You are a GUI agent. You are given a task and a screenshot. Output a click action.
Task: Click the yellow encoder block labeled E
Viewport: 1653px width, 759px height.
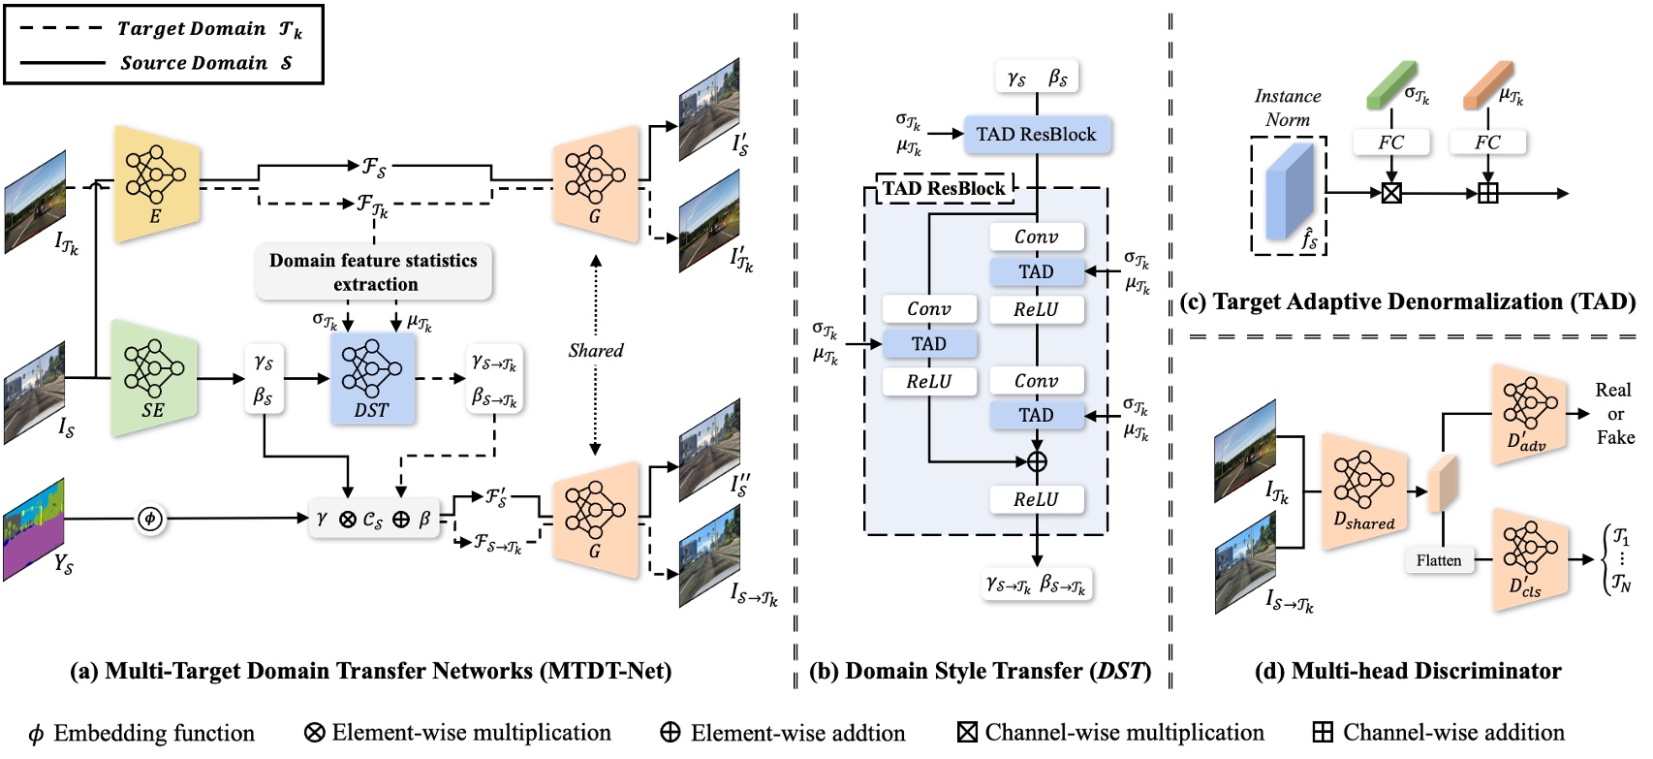click(156, 183)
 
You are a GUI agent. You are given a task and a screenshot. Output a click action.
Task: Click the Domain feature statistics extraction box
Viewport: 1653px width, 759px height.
click(374, 272)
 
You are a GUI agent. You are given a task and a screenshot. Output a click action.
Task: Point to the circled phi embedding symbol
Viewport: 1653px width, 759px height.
click(149, 519)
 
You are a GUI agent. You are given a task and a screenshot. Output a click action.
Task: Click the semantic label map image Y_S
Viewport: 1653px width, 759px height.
click(34, 529)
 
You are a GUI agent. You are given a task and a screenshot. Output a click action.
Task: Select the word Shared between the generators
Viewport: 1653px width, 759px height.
click(596, 351)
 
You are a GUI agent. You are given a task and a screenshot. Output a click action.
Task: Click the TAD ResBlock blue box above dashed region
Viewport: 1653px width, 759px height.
click(1036, 135)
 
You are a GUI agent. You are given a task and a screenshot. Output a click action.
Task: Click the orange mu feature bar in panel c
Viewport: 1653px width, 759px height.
click(1488, 86)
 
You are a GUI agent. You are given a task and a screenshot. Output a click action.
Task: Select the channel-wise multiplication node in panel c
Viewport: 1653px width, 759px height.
click(1391, 193)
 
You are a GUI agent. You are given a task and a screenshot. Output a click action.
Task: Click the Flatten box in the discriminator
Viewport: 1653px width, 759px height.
click(1438, 560)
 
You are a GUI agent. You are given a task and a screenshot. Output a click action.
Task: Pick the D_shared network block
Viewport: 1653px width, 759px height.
click(1363, 492)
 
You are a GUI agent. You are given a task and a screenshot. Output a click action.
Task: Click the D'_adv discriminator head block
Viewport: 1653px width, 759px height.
click(1528, 415)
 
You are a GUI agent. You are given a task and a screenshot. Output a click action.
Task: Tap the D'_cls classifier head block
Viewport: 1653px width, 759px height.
click(1528, 560)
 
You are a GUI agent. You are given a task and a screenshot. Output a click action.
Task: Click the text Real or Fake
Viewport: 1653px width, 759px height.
click(1614, 414)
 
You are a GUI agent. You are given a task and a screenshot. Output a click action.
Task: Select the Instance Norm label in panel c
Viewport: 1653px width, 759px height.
click(1287, 108)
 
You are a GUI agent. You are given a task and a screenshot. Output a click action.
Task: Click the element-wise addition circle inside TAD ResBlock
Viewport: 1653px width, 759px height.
click(1037, 461)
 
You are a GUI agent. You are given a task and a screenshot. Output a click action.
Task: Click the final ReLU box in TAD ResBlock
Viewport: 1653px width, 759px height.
click(1036, 499)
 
